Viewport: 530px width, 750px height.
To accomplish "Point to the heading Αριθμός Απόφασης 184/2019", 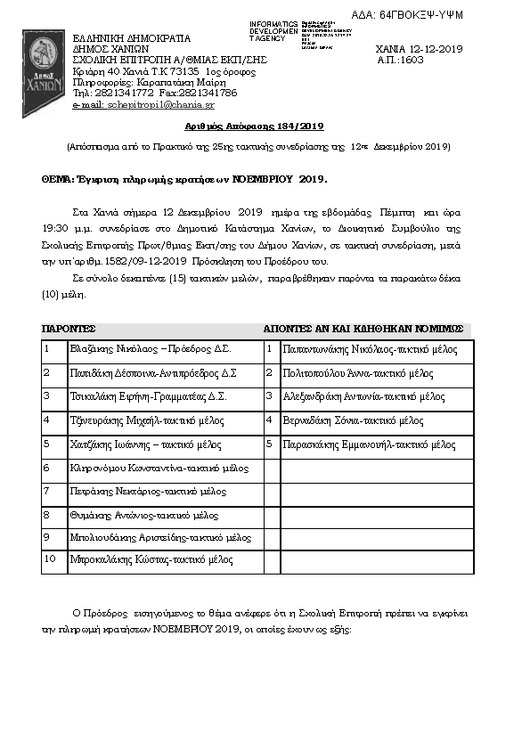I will pyautogui.click(x=259, y=127).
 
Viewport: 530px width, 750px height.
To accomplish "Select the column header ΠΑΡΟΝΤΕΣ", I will pyautogui.click(x=69, y=329).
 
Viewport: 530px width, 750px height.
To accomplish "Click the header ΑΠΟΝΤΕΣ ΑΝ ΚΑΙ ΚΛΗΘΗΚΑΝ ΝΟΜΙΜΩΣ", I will pyautogui.click(x=363, y=329).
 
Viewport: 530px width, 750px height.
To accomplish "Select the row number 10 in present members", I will pyautogui.click(x=51, y=559).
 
